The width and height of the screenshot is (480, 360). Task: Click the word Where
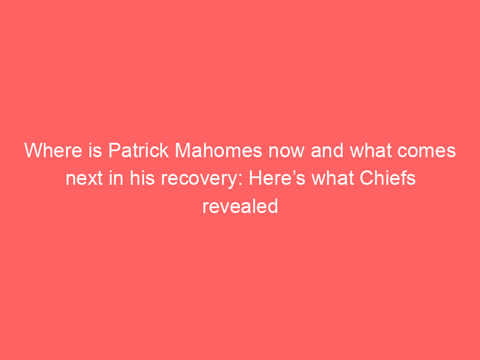[53, 151]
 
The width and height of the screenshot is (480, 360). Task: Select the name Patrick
[139, 151]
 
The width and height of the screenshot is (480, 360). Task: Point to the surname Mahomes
[218, 151]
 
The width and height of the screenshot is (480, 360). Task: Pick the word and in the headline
[327, 151]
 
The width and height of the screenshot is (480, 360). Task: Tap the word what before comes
[370, 151]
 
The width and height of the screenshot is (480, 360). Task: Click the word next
[84, 179]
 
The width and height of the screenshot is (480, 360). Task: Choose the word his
[142, 178]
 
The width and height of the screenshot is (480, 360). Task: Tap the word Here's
[277, 178]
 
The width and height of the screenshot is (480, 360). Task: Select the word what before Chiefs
[332, 178]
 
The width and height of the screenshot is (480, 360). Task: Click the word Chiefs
[388, 178]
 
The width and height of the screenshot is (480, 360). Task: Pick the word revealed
[241, 206]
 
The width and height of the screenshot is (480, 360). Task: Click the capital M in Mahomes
[183, 151]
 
